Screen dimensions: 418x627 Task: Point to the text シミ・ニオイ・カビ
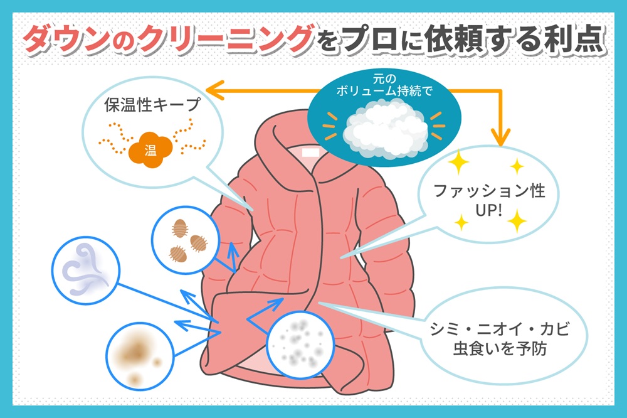click(499, 329)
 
